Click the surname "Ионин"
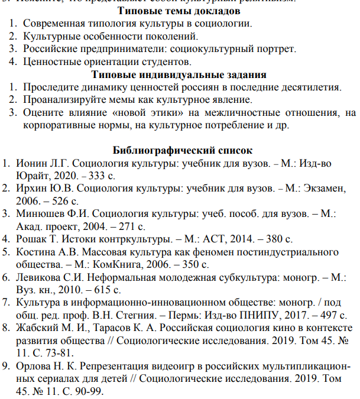(35, 163)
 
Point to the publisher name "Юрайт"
(34, 176)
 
